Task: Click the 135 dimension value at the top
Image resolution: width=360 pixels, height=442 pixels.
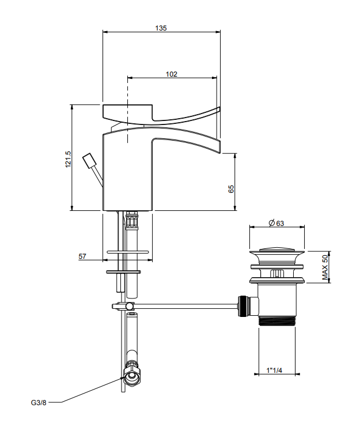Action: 161,28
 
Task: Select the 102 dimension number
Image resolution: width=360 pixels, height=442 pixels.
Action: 171,74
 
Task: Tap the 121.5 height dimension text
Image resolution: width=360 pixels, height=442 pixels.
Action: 68,159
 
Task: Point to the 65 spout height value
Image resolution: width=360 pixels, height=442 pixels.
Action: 231,188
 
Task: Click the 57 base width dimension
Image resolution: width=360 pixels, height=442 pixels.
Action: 82,256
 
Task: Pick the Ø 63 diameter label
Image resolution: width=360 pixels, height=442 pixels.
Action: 276,223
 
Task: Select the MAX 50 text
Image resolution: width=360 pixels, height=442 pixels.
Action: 325,267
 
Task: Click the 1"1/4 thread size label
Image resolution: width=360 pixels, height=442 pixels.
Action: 274,370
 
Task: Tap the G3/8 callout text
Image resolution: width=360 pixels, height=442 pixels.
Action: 39,403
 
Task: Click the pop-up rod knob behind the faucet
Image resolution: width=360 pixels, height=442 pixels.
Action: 90,161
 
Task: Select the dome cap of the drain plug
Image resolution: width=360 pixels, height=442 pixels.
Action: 277,250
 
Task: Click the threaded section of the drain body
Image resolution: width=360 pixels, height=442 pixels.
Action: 277,322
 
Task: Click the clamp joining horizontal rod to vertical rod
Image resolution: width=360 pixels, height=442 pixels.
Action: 123,306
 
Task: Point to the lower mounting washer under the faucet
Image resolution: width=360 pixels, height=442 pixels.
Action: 123,272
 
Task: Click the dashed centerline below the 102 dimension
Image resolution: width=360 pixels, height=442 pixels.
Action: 128,110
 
